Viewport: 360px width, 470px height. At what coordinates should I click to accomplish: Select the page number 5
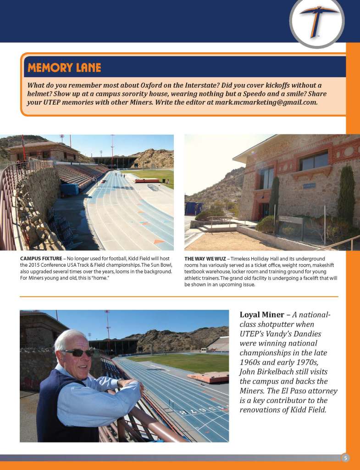coord(345,458)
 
